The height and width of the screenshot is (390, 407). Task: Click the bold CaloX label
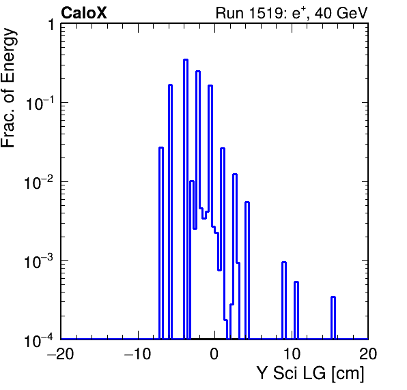coord(83,13)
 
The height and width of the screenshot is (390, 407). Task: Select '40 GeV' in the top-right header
coord(341,13)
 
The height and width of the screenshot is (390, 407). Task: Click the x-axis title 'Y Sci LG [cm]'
coord(311,373)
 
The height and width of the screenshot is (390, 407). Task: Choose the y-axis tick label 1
coord(51,25)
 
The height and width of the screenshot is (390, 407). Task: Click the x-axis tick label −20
coord(61,354)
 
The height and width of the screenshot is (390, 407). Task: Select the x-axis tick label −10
coord(137,354)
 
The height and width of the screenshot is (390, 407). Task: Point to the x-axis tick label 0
coord(214,354)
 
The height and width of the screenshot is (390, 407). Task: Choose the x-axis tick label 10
coord(292,354)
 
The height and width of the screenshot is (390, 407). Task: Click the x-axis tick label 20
coord(368,354)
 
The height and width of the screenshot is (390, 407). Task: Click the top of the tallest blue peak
coord(186,59)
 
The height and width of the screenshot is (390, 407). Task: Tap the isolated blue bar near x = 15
coord(333,318)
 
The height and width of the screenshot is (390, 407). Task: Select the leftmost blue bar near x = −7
coord(161,243)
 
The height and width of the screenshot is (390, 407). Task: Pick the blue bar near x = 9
coord(284,301)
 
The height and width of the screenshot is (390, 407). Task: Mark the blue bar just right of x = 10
coord(296,310)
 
